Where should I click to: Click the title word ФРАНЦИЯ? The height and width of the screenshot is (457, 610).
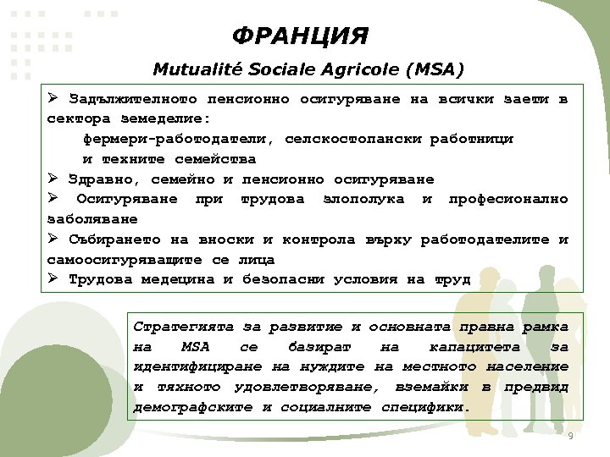click(300, 36)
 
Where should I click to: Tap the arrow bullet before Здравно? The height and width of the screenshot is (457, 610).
click(53, 179)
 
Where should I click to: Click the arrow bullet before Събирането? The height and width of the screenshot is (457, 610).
click(53, 239)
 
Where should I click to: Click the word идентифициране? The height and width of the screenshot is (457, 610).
click(198, 366)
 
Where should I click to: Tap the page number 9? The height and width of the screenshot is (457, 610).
click(570, 435)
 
